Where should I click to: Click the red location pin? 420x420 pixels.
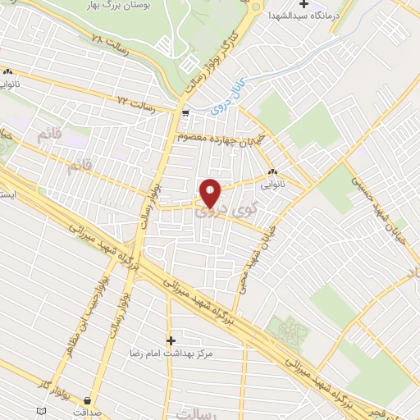click(211, 194)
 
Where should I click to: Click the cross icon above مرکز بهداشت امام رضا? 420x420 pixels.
click(171, 340)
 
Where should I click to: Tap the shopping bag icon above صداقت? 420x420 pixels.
click(88, 400)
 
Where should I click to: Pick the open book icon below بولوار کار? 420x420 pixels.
click(42, 409)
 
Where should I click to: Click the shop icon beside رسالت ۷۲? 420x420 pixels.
click(186, 113)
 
